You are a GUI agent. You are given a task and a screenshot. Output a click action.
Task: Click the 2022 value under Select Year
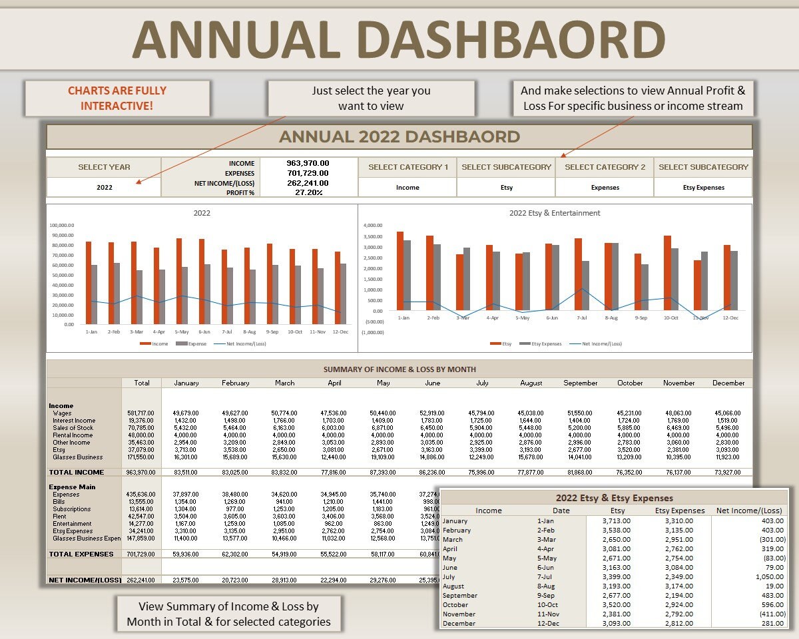(x=104, y=188)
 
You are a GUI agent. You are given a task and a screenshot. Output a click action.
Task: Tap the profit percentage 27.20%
(x=309, y=192)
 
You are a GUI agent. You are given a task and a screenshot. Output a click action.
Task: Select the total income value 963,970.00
(x=308, y=163)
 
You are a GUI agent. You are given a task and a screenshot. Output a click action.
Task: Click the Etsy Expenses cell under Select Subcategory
(x=703, y=188)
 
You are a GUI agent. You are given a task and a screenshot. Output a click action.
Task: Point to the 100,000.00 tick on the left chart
(x=62, y=225)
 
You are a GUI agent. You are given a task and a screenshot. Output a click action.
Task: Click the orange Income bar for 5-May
(x=179, y=281)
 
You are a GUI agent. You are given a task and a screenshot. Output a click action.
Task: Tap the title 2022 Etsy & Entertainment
(x=555, y=213)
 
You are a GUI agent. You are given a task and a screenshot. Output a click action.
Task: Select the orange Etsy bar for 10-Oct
(x=667, y=272)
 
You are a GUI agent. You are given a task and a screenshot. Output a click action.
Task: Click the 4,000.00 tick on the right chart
(x=374, y=225)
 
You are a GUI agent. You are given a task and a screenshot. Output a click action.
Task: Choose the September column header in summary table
(x=581, y=383)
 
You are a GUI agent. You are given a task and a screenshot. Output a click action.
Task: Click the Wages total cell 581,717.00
(x=141, y=413)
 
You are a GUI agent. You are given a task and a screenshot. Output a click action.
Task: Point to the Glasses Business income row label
(x=78, y=457)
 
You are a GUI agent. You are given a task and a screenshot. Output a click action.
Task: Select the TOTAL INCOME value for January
(x=185, y=472)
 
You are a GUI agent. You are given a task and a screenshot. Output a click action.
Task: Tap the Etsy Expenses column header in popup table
(x=680, y=511)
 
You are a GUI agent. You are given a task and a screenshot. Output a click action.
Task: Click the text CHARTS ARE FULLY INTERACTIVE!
(x=117, y=98)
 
